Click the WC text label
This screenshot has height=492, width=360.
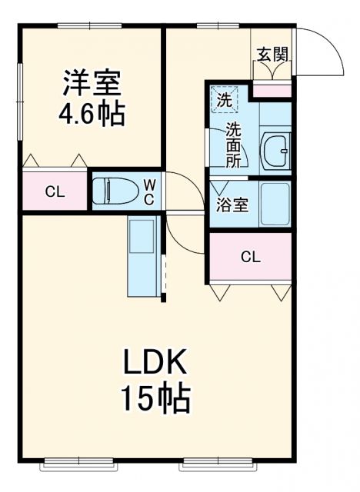[150, 191]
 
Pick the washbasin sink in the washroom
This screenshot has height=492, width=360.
[274, 151]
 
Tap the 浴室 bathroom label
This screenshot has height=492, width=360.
[232, 206]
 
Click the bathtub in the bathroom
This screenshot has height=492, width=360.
[275, 204]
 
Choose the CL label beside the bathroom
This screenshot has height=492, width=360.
[250, 257]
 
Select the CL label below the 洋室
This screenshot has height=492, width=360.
[54, 192]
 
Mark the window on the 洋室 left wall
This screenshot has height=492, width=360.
[20, 100]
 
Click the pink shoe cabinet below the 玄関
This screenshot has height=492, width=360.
[272, 91]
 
